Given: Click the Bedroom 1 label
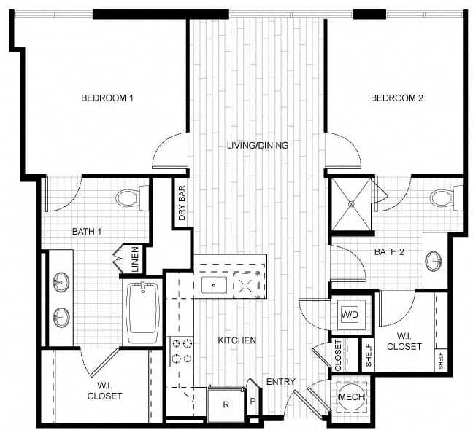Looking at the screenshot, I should pyautogui.click(x=107, y=98).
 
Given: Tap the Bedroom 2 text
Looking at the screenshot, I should pyautogui.click(x=396, y=98).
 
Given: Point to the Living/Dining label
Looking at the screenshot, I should pyautogui.click(x=257, y=145).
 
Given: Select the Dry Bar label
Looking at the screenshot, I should pyautogui.click(x=181, y=203).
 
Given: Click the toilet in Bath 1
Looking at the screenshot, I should pyautogui.click(x=131, y=198).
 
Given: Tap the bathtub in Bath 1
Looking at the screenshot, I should pyautogui.click(x=143, y=312).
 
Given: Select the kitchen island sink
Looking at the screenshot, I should pyautogui.click(x=213, y=284).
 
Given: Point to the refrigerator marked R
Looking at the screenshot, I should pyautogui.click(x=226, y=404).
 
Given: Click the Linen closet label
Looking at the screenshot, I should pyautogui.click(x=135, y=259).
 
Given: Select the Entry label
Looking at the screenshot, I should pyautogui.click(x=280, y=382).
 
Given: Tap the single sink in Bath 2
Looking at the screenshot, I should pyautogui.click(x=434, y=262).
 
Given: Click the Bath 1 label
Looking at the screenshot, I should pyautogui.click(x=86, y=232).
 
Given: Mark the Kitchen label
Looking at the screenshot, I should pyautogui.click(x=236, y=340).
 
